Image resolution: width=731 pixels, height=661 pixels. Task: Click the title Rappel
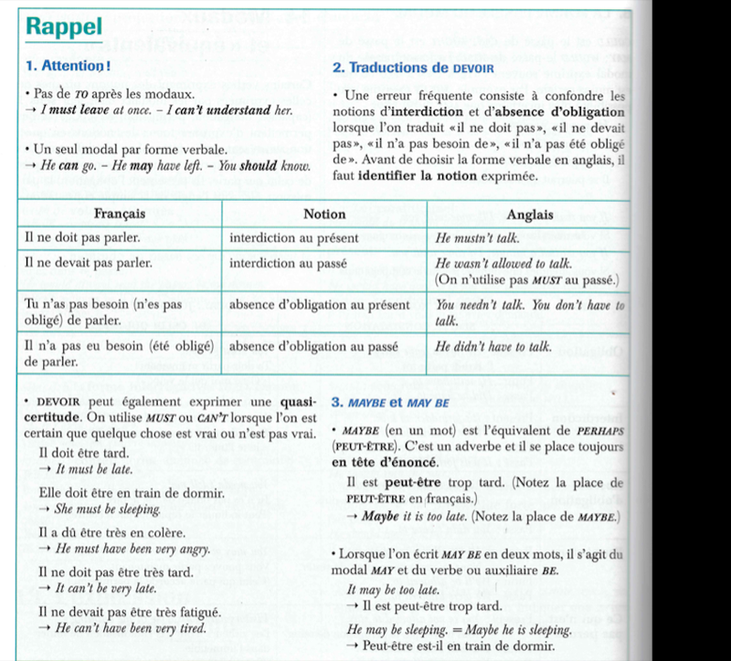point(64,26)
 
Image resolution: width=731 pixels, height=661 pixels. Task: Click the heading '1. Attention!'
point(69,66)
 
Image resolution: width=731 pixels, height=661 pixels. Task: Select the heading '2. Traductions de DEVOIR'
point(412,68)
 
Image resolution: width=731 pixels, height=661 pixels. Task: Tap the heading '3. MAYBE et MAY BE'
point(390,402)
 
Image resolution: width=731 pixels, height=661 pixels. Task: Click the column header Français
point(123,214)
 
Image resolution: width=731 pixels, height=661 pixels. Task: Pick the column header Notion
point(324,214)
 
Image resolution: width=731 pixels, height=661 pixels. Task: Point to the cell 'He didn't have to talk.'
point(494,346)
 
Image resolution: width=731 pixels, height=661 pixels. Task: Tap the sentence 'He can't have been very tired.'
point(130,628)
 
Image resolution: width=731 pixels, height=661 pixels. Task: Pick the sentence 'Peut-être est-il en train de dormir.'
point(459,646)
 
